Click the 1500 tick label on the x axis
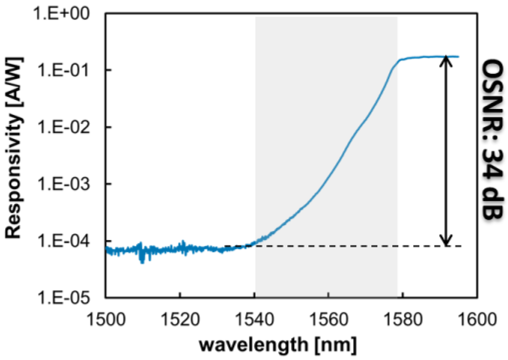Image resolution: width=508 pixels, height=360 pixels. tap(106, 316)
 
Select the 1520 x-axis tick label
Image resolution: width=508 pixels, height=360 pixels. tap(180, 316)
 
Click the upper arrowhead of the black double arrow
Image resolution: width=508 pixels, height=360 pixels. tap(446, 59)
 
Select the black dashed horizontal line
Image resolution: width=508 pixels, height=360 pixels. tap(347, 246)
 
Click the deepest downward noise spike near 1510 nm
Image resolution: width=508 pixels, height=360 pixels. tap(142, 261)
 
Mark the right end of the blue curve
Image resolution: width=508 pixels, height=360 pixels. tap(458, 57)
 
